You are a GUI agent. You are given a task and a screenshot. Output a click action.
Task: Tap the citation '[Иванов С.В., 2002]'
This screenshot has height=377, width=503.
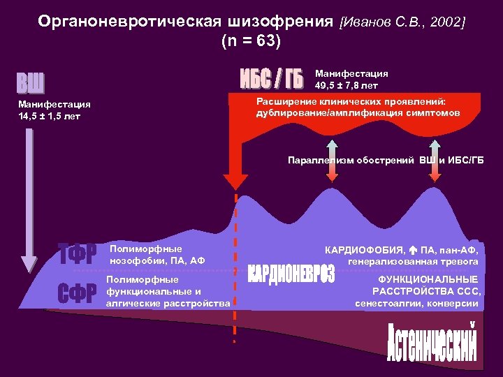tap(402, 22)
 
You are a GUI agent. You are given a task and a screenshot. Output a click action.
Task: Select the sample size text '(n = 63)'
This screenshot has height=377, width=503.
tap(251, 41)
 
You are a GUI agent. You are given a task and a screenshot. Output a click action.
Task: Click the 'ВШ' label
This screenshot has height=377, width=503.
tap(31, 84)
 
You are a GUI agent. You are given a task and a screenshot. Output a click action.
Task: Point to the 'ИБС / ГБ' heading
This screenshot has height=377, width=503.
tap(272, 80)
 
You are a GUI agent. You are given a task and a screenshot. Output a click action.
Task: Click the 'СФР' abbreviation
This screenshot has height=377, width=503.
tap(76, 294)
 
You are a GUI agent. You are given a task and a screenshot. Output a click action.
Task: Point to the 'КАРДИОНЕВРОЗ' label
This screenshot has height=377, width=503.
tap(291, 274)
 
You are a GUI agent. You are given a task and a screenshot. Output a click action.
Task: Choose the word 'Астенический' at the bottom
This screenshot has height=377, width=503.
tap(432, 343)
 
